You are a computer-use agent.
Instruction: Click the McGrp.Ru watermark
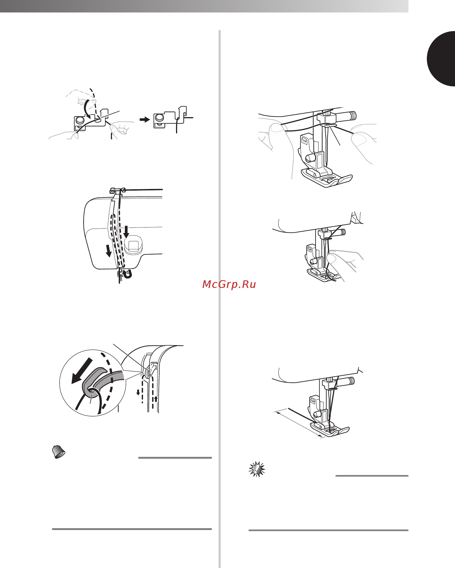[x=229, y=284]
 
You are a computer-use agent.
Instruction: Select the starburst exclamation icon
[x=257, y=469]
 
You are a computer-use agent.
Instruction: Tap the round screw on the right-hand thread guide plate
[x=159, y=117]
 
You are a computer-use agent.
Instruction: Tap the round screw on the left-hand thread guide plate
[x=80, y=120]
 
